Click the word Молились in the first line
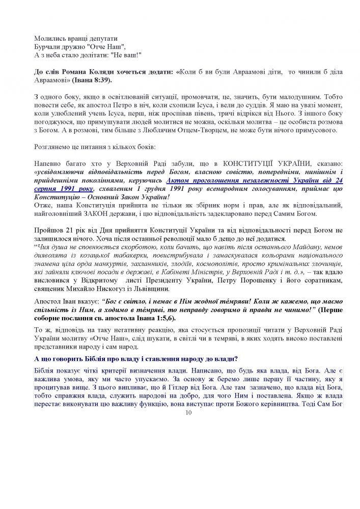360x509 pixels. point(48,38)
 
